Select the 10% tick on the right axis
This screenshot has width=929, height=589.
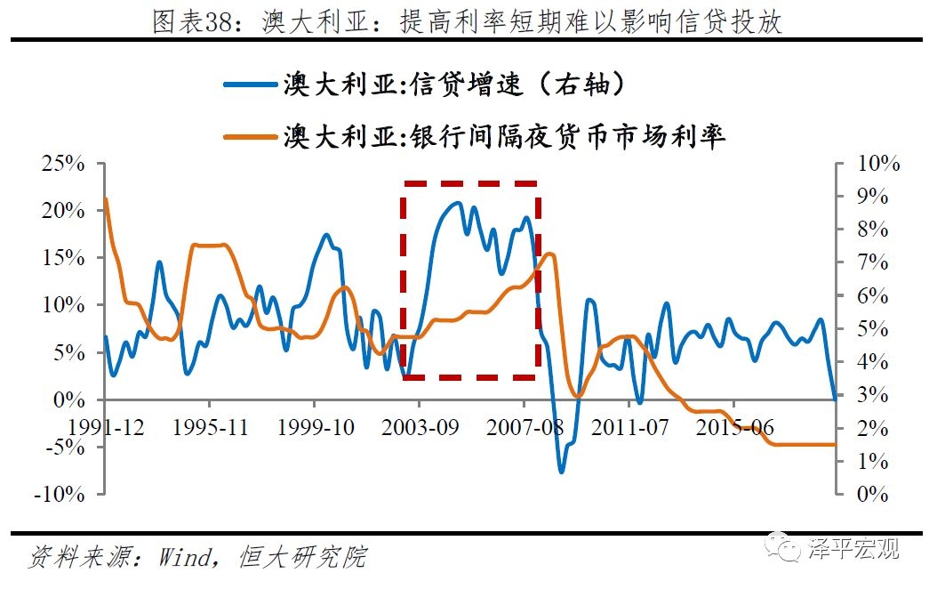pyautogui.click(x=877, y=165)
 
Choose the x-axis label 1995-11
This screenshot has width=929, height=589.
pyautogui.click(x=210, y=427)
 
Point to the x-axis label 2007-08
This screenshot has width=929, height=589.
pyautogui.click(x=523, y=427)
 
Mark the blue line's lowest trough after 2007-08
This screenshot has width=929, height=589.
pyautogui.click(x=561, y=471)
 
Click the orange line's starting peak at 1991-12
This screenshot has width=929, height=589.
pyautogui.click(x=106, y=198)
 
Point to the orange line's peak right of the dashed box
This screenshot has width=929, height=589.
pyautogui.click(x=549, y=254)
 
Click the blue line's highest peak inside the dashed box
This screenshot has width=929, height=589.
pyautogui.click(x=457, y=203)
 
